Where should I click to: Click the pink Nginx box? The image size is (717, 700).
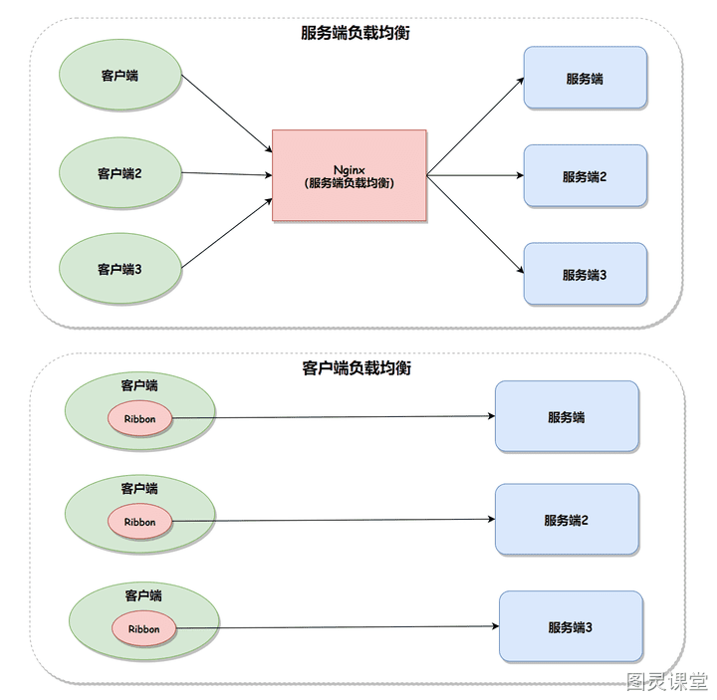tap(350, 175)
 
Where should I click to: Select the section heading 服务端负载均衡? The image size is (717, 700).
tap(356, 33)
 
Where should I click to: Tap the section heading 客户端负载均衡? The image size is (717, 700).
tap(357, 367)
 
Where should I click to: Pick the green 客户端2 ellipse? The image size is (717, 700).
tap(120, 173)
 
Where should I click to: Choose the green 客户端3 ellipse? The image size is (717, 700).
tap(120, 269)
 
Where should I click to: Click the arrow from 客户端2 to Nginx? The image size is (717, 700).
tap(227, 173)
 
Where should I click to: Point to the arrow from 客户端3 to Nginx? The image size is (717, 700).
tap(227, 233)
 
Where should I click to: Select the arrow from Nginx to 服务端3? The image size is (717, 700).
tap(475, 224)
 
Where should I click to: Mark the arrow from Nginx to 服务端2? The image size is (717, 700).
tap(475, 175)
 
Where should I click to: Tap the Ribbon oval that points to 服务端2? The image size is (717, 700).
tap(140, 521)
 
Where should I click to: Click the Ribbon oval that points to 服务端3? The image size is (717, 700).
tap(144, 628)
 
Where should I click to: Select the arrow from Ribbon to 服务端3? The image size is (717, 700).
tap(338, 627)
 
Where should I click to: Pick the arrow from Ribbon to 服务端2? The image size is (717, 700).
tap(334, 520)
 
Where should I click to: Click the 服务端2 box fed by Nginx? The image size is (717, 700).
tap(586, 176)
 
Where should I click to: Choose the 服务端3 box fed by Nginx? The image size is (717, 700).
tap(586, 274)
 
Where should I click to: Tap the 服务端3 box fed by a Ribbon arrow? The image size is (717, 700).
tap(572, 626)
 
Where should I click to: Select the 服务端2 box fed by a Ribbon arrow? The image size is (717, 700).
tap(567, 520)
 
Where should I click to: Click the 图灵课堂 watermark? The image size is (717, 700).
tap(666, 681)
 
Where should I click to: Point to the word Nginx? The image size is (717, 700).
tap(350, 170)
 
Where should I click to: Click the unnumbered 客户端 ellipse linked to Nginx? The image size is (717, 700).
tap(120, 75)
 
